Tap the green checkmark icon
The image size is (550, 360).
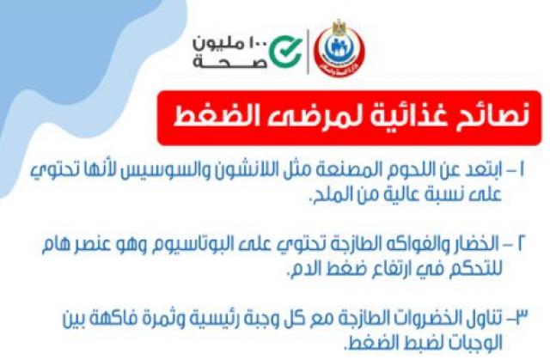[285, 52]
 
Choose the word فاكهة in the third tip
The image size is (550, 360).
[116, 319]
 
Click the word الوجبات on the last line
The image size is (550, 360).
[471, 344]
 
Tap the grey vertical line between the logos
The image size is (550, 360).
[308, 52]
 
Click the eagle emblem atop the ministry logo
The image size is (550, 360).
[339, 27]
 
